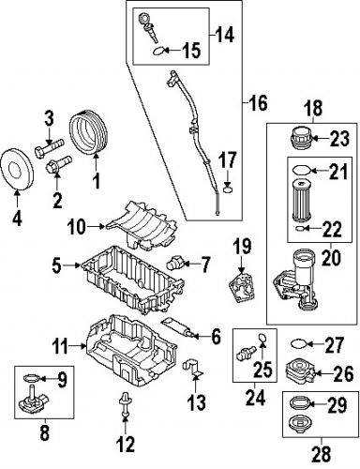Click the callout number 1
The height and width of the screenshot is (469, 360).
(x=95, y=174)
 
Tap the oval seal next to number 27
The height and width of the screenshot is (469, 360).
(x=299, y=343)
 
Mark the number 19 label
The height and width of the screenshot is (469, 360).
(x=242, y=246)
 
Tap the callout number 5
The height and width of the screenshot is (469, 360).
(x=58, y=266)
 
